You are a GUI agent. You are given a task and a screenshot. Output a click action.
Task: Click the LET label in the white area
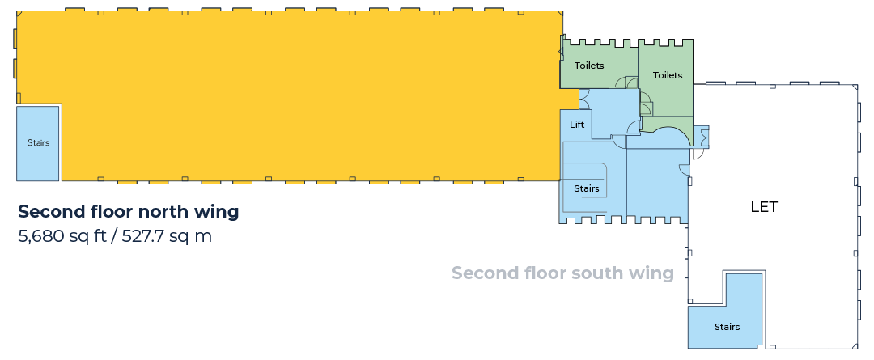pyautogui.click(x=764, y=207)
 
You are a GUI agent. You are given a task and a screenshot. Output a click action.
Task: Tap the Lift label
pyautogui.click(x=577, y=125)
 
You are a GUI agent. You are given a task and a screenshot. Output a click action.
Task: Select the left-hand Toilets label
pyautogui.click(x=589, y=66)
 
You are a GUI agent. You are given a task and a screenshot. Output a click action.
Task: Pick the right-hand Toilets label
pyautogui.click(x=668, y=74)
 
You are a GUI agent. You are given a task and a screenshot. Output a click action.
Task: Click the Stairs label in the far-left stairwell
pyautogui.click(x=39, y=142)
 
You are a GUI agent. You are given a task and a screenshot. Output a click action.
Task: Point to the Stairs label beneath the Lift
pyautogui.click(x=587, y=188)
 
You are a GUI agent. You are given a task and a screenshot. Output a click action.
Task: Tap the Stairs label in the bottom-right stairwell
pyautogui.click(x=727, y=327)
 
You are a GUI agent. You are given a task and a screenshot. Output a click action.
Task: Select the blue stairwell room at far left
pyautogui.click(x=38, y=143)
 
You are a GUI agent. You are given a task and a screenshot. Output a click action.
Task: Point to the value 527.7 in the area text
pyautogui.click(x=144, y=236)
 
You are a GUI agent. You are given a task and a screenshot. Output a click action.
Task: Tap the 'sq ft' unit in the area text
pyautogui.click(x=87, y=237)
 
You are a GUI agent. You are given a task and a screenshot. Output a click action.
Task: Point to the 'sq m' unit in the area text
pyautogui.click(x=192, y=237)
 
